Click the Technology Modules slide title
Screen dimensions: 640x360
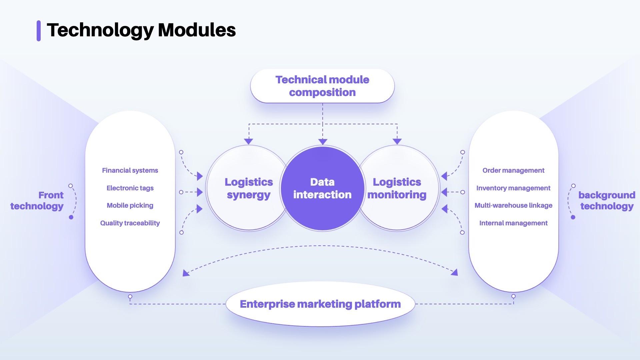(141, 31)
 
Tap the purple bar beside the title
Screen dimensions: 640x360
(39, 31)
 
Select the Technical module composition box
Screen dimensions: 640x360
(322, 86)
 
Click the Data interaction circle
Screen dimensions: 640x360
(322, 188)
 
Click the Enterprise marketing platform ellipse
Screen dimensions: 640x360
(320, 304)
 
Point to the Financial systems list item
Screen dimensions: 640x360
(130, 170)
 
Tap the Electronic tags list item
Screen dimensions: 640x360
(130, 188)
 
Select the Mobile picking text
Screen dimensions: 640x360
(130, 206)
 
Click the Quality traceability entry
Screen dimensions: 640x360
(130, 223)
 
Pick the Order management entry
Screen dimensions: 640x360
(513, 170)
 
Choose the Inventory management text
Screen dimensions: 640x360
(513, 188)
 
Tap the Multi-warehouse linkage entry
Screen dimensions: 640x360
(513, 205)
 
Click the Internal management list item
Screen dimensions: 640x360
(513, 223)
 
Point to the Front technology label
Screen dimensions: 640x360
(37, 200)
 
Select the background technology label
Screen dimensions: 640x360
(607, 200)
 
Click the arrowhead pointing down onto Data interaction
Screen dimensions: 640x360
(323, 142)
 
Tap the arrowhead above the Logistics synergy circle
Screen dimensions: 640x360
(249, 141)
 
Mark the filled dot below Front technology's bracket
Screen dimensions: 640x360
(71, 217)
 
